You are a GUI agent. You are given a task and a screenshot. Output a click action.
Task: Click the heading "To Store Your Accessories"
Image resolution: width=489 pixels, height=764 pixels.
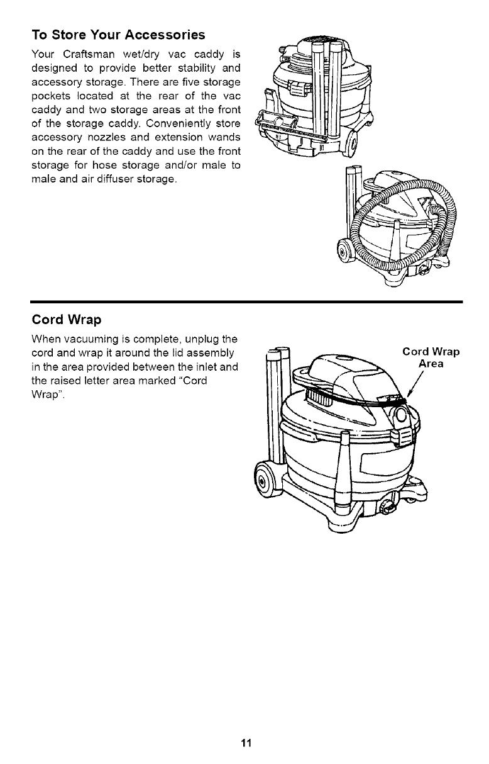[x=118, y=33]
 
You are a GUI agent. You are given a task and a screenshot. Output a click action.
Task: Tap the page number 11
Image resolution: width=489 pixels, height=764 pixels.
[x=245, y=743]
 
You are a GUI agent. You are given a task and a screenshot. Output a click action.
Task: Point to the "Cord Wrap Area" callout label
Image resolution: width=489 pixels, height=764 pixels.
[x=431, y=357]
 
